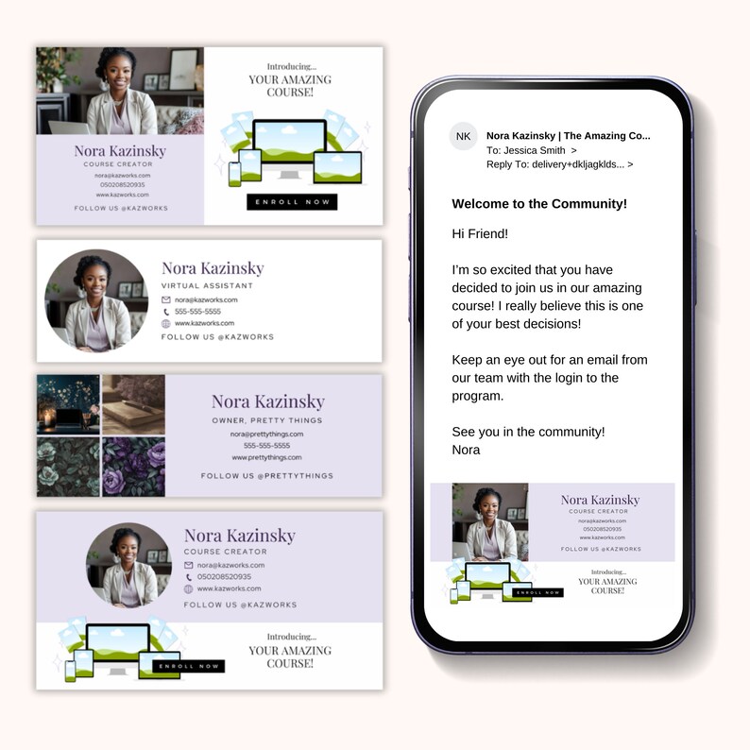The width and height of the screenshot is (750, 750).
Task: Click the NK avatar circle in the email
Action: pos(463,136)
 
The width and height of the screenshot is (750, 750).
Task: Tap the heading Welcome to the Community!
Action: pos(539,203)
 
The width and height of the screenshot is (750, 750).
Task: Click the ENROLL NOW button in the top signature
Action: pos(291,202)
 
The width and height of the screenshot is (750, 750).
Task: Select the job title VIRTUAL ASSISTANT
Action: pos(207,285)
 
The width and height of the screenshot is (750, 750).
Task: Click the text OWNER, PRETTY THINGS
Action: pos(267,420)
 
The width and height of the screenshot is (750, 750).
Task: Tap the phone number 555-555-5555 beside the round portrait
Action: pos(197,311)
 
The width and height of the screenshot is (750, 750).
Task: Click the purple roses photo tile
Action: pos(133,467)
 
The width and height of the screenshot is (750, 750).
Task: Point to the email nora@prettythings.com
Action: pos(267,434)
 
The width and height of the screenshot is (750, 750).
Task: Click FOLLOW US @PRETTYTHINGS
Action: pos(267,476)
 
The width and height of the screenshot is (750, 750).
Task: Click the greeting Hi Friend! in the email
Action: pos(480,233)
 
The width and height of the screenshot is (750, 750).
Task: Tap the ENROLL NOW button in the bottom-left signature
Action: pos(190,666)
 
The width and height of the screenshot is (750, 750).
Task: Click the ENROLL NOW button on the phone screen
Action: pos(540,592)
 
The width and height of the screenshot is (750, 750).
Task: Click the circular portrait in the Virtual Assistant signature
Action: pos(96,301)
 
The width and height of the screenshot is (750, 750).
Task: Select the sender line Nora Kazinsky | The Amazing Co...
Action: pos(568,136)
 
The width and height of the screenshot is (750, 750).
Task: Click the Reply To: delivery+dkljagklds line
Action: pos(558,163)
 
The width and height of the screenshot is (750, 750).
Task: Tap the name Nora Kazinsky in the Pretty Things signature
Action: pos(267,401)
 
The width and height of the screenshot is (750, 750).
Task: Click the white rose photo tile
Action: pos(68,467)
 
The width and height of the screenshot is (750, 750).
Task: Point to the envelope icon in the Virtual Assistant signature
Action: pos(166,299)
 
